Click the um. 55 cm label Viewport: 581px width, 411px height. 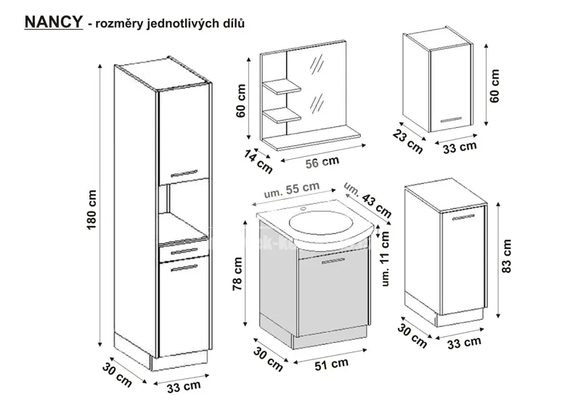pyautogui.click(x=291, y=190)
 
